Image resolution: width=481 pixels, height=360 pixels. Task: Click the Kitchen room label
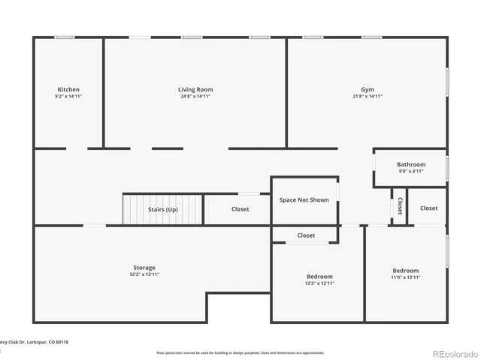68,90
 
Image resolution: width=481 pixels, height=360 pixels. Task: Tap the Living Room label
195,90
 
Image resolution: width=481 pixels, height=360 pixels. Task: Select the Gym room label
368,90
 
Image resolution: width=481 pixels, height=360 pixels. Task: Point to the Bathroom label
411,165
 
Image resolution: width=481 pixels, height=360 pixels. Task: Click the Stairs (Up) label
163,209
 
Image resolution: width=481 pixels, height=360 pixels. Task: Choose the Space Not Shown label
304,200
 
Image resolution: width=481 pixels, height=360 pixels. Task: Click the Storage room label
144,268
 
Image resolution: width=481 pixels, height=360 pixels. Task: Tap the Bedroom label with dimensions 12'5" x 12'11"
319,277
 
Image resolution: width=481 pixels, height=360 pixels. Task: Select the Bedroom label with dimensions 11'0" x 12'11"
406,271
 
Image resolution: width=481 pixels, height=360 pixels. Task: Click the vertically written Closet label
399,205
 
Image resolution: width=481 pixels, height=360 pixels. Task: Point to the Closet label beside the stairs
240,209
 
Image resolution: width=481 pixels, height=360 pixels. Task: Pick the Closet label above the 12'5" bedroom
306,235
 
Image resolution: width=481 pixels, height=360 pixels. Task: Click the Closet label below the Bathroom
428,208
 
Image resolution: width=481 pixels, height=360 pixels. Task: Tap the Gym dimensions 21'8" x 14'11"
368,97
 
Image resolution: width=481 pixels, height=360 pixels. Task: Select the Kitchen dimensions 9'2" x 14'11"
68,97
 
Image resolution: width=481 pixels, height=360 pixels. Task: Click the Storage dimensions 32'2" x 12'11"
144,274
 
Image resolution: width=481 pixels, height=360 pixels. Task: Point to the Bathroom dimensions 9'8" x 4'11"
411,172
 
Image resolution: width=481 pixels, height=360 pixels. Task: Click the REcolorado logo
452,353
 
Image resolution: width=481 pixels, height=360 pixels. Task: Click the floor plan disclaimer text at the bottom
240,352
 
